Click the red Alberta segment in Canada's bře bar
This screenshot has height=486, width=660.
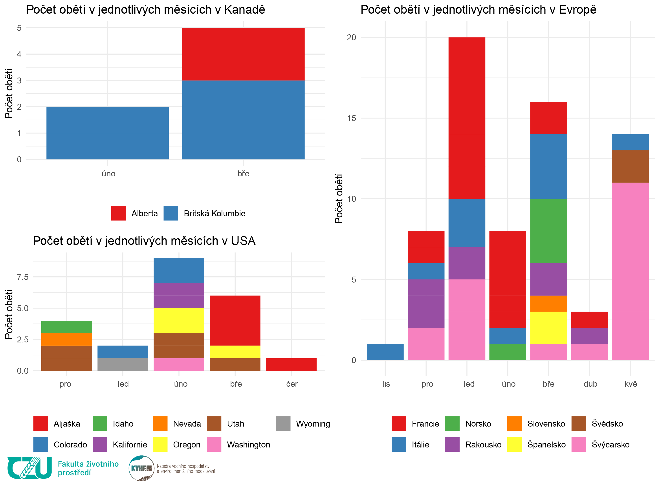pos(243,54)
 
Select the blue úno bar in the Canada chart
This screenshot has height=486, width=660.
pos(108,133)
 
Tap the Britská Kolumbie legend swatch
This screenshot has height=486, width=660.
pos(171,213)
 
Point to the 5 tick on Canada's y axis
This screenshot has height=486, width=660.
pos(19,28)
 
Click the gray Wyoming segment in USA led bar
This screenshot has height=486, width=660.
pos(123,364)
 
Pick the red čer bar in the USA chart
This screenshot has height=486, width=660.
pos(291,364)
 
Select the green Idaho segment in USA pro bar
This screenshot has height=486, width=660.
pos(66,327)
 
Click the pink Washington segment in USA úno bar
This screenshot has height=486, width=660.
pos(179,364)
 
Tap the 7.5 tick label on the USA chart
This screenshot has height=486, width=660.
pos(23,277)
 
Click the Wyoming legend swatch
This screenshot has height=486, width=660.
pos(283,424)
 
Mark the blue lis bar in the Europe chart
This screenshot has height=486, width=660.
pos(385,352)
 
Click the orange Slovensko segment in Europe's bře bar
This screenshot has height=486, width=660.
pos(548,304)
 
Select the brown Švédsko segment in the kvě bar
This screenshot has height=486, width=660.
pos(630,166)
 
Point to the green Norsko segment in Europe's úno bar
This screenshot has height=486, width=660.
pos(508,352)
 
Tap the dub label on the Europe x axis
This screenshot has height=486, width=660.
pos(590,384)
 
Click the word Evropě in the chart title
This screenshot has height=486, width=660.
pos(577,10)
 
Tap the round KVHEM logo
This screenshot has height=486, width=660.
pos(141,468)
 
